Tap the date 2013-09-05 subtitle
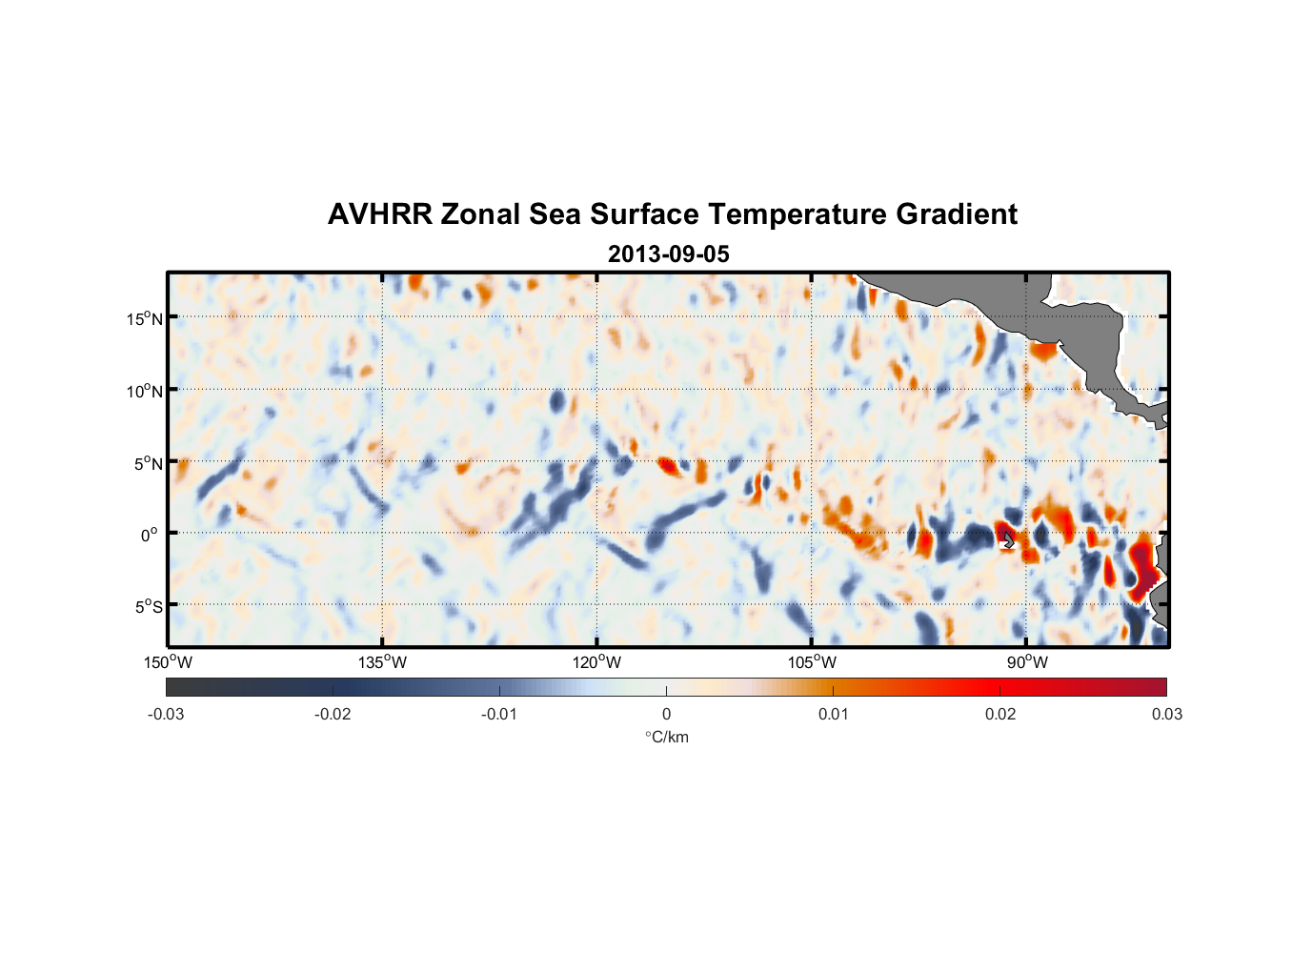668,254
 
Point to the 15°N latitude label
145,318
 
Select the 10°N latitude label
145,391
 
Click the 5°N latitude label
148,463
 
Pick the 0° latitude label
150,535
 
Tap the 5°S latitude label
148,606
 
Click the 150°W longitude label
169,662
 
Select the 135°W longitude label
383,662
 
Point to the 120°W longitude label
597,662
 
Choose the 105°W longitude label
812,662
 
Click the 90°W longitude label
1027,662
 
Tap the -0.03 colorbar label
166,714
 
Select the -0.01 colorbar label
499,714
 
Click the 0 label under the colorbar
666,714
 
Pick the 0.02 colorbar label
1000,714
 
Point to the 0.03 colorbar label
1166,714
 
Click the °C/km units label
666,737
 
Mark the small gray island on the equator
1008,539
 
